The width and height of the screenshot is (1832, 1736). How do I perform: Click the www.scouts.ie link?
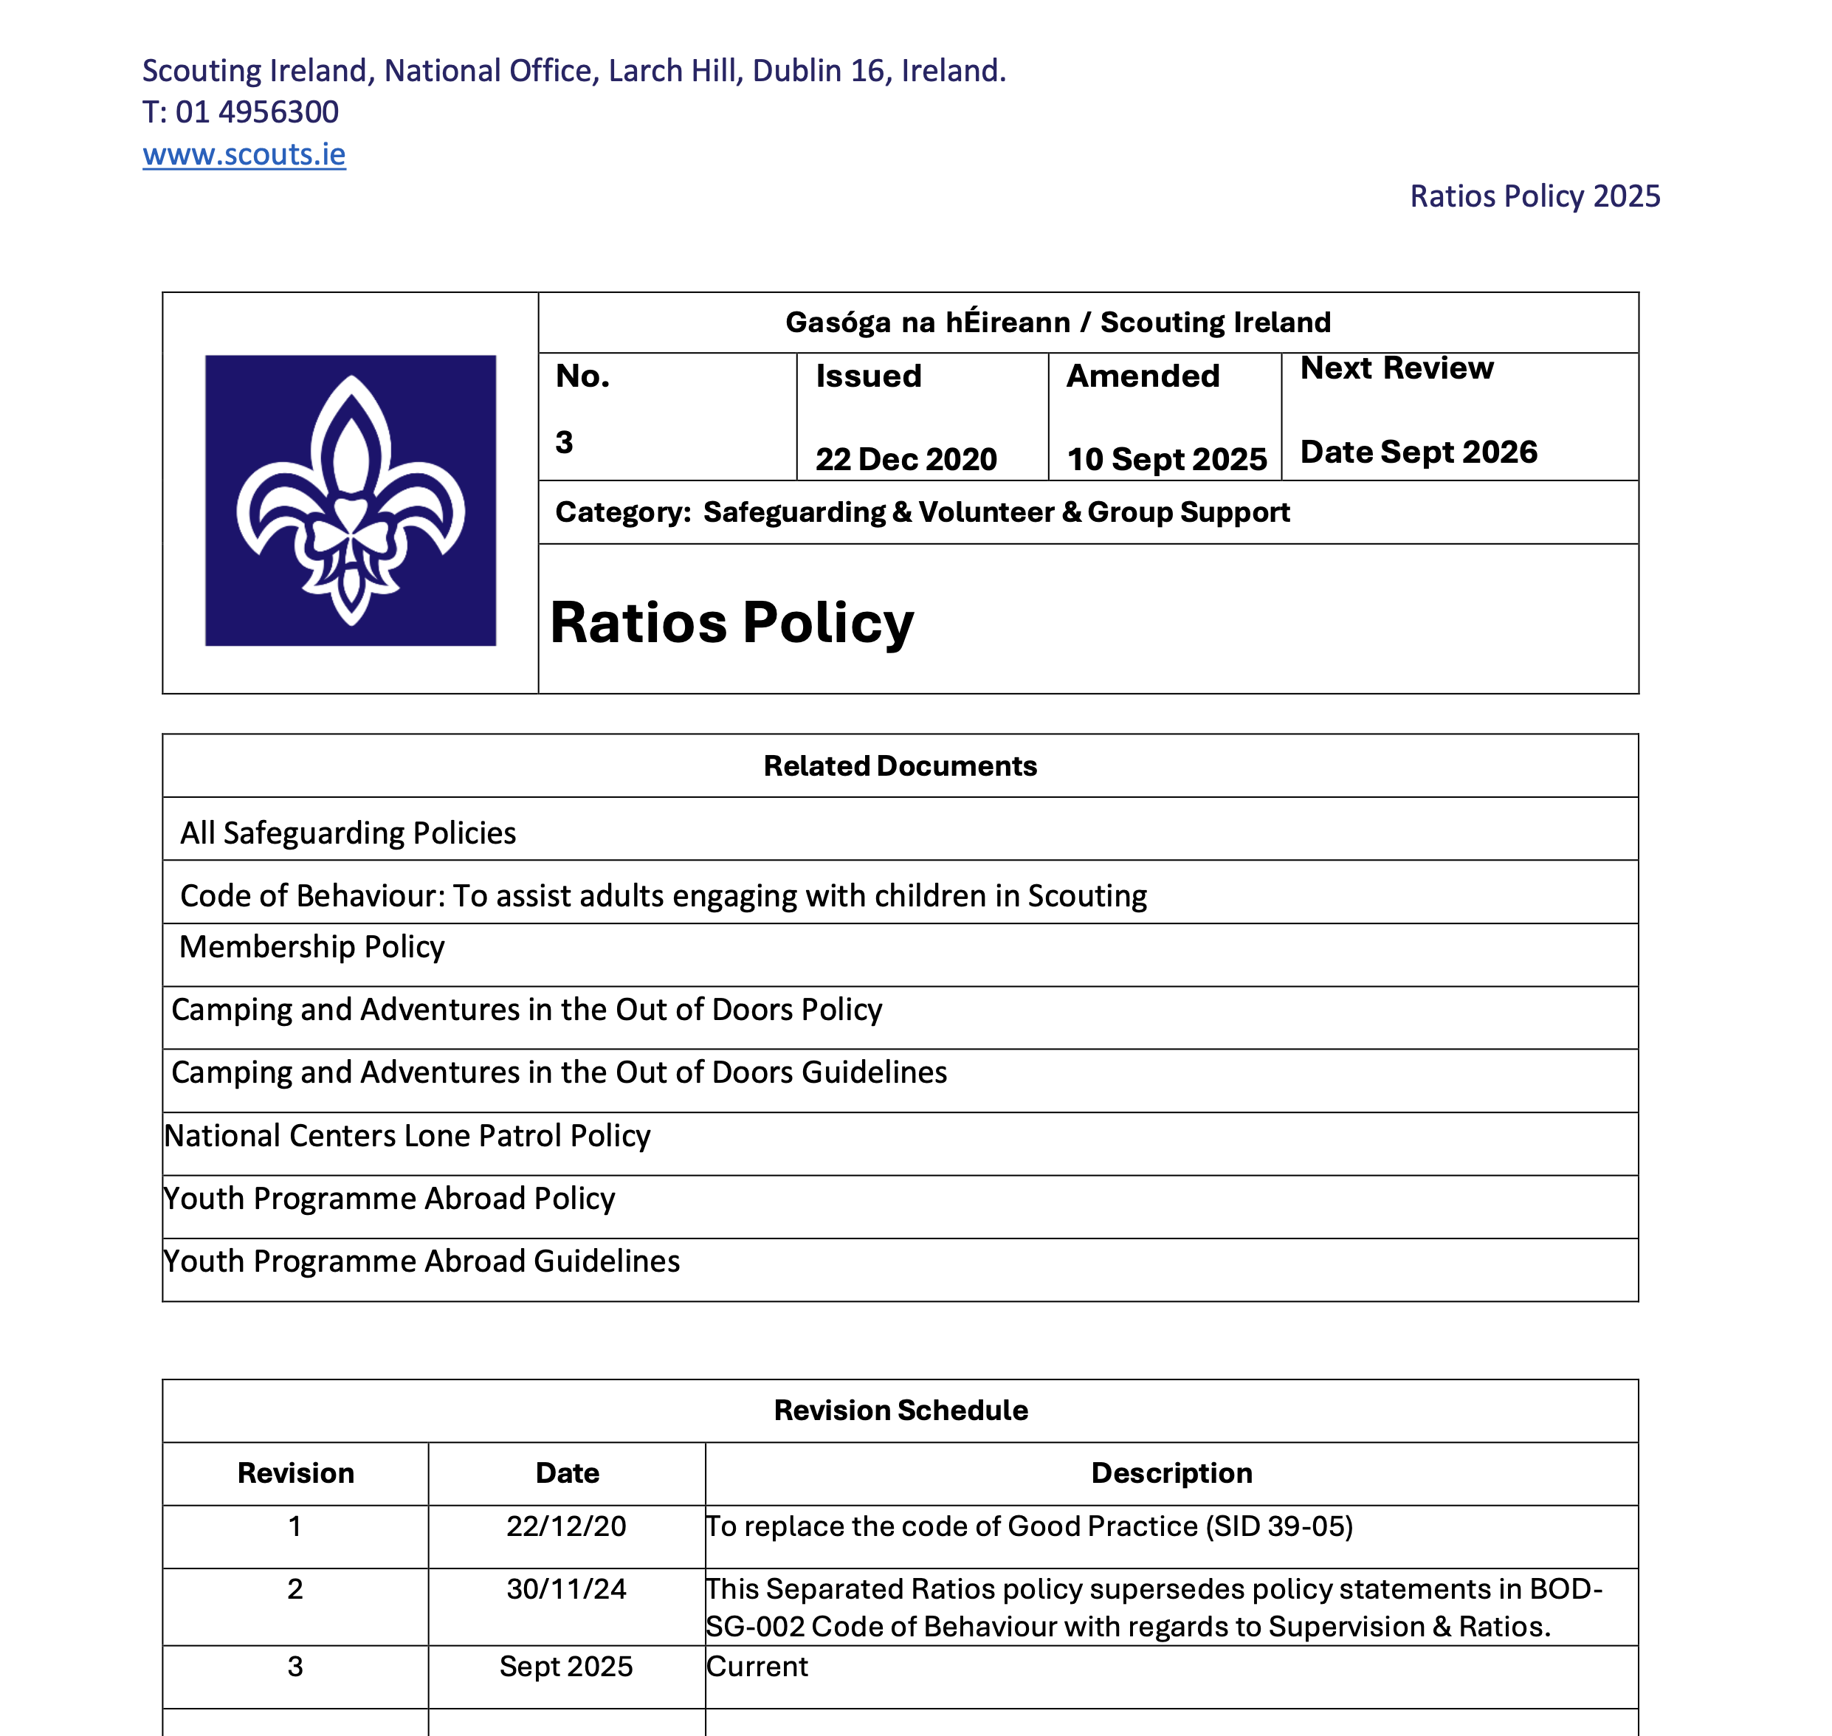[244, 154]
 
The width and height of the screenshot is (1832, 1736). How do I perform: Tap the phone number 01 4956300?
[256, 112]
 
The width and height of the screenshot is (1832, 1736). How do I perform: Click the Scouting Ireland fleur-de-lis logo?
[351, 500]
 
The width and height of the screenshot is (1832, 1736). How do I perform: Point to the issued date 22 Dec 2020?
[906, 459]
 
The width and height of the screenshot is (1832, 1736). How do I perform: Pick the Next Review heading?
[1397, 368]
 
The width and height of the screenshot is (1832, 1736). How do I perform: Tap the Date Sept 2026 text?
[1419, 452]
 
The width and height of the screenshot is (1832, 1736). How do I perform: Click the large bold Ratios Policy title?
[731, 622]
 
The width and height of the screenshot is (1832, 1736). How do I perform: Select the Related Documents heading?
[899, 766]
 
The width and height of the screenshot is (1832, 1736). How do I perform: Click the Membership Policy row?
[311, 947]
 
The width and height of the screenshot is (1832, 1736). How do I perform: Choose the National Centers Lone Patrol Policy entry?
[407, 1135]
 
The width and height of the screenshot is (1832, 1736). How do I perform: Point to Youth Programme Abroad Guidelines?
[422, 1261]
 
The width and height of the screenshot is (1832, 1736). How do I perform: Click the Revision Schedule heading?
[900, 1410]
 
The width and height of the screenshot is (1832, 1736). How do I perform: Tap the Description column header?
[1171, 1473]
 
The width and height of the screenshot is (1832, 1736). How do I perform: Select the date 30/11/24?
[566, 1589]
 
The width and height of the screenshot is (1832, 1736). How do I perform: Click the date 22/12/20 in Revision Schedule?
[566, 1526]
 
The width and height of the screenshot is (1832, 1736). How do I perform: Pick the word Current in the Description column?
[757, 1667]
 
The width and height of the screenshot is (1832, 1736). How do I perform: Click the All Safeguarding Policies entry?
[348, 833]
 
